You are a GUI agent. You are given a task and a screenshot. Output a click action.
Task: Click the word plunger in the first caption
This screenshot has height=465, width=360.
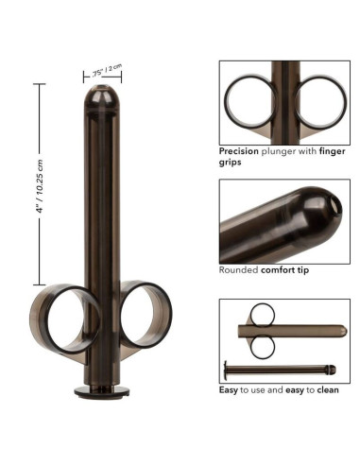pos(288,150)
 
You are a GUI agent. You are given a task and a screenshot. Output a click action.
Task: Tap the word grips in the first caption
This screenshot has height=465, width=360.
pos(232,162)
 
